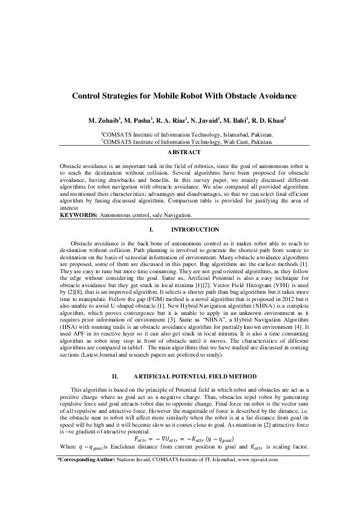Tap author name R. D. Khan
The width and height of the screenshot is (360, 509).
270,120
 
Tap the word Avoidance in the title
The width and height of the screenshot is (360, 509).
271,96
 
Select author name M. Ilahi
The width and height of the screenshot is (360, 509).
237,120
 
